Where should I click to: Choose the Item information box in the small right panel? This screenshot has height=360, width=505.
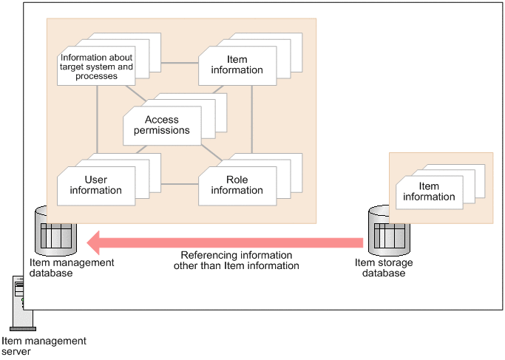point(429,192)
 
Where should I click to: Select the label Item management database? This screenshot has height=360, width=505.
point(72,268)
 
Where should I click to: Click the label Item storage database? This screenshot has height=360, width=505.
point(384,268)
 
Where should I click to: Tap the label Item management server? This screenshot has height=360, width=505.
point(44,346)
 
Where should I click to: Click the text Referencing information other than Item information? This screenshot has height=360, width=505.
point(237,260)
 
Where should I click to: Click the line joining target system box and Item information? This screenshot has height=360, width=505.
point(177,63)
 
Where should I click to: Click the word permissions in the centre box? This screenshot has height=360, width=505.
point(167,131)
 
